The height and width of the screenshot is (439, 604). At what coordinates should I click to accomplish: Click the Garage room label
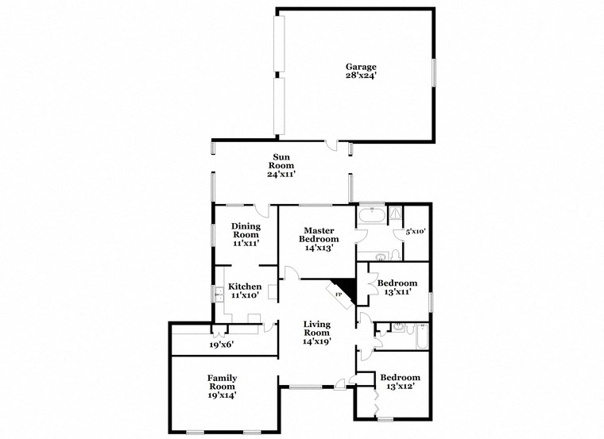click(360, 67)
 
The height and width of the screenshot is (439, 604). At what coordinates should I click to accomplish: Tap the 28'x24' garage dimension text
click(360, 76)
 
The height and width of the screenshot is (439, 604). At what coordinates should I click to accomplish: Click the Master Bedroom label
click(319, 234)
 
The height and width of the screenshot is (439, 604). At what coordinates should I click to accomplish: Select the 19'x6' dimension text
click(223, 345)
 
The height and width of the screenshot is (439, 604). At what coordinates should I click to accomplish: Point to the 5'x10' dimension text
click(416, 232)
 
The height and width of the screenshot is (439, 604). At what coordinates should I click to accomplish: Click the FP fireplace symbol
click(339, 295)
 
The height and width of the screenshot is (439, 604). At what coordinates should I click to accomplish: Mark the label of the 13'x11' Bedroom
click(397, 283)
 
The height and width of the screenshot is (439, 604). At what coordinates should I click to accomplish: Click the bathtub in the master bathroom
click(372, 215)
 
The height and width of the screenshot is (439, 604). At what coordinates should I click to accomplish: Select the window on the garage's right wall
click(434, 71)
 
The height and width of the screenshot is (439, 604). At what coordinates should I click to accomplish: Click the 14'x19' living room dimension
click(317, 341)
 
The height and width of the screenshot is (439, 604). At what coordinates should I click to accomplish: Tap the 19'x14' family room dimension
click(223, 395)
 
